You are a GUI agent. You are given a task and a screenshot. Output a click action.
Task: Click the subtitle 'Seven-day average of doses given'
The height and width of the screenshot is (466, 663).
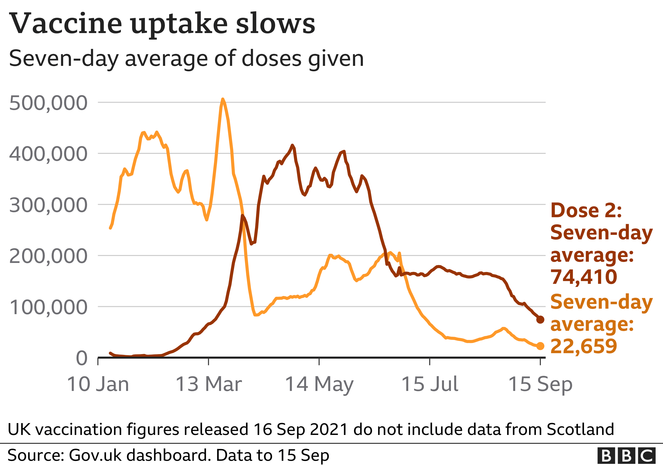tap(186, 59)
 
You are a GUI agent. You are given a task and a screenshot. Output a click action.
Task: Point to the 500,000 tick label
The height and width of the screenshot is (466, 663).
tap(48, 103)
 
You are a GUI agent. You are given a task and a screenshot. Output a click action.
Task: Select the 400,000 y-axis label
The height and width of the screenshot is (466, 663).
tap(48, 154)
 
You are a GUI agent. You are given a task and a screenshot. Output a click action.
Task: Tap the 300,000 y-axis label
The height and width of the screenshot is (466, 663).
tap(48, 205)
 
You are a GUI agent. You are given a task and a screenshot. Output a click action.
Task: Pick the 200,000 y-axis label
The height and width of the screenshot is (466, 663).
tap(48, 256)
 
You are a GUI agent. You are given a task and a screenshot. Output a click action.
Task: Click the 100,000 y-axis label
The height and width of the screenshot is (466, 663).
tap(48, 307)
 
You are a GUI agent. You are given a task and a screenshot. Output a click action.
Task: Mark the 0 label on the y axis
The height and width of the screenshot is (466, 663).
tap(81, 358)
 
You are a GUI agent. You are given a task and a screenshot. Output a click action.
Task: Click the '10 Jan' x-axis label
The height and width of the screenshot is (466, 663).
tap(98, 384)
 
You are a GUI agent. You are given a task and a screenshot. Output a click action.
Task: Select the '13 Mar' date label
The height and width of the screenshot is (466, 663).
tap(208, 384)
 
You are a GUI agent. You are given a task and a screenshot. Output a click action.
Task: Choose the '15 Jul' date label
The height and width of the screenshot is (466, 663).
tap(430, 384)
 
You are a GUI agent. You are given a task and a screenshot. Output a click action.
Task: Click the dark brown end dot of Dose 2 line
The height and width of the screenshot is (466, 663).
tap(540, 319)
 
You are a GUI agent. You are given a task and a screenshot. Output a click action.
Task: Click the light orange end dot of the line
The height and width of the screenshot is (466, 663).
tap(540, 346)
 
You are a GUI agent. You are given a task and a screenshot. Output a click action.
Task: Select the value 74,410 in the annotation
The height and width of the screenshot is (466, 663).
tap(584, 277)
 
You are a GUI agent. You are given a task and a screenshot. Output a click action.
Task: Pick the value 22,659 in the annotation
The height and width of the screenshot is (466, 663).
tap(584, 346)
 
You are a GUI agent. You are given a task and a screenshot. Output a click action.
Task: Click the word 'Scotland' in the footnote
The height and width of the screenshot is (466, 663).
tap(580, 429)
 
